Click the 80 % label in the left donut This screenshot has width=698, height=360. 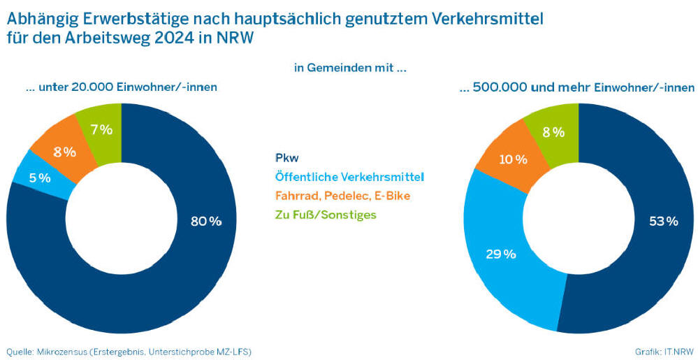206,222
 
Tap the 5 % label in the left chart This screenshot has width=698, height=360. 40,178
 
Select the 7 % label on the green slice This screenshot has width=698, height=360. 101,129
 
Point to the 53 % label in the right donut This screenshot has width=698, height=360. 663,222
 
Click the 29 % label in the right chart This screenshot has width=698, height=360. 500,254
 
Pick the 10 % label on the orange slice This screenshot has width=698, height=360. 513,159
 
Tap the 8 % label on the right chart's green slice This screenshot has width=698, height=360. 553,132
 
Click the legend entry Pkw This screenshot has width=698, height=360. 286,157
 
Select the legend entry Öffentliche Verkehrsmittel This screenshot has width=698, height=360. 349,176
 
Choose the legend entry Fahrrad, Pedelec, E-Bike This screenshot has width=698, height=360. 342,195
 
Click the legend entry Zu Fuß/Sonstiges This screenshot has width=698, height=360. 326,215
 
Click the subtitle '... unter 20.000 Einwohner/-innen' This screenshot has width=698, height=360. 117,87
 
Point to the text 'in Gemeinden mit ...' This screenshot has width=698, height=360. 350,68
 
